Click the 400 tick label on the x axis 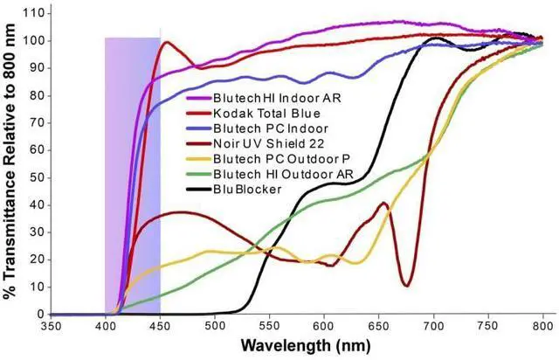105,325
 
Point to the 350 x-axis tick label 51,325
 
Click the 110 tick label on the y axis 33,14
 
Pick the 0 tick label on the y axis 40,314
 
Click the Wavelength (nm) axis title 298,346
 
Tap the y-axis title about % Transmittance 10,163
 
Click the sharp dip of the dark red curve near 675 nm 407,285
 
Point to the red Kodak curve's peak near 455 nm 164,42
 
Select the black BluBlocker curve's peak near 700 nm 434,38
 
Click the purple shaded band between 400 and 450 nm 132,175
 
